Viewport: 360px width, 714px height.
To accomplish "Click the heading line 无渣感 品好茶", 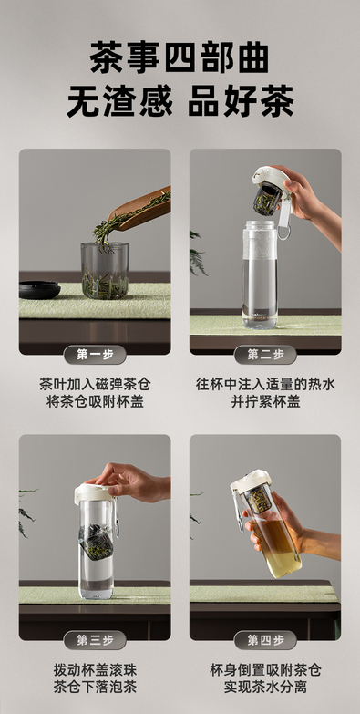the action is [x=180, y=100].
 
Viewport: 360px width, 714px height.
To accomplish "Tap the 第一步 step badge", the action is [x=95, y=355].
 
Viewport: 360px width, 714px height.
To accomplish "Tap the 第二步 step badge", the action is [x=265, y=355].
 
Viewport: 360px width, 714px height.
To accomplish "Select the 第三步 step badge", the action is [x=95, y=640].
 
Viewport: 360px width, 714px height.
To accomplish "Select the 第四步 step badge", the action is [x=265, y=640].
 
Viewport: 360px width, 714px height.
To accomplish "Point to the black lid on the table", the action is [x=39, y=290].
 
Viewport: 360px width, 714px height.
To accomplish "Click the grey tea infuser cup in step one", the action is [x=105, y=271].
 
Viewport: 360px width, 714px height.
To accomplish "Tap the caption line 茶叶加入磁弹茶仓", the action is [x=95, y=384].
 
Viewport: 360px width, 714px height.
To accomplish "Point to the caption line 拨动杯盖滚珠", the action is [x=95, y=670].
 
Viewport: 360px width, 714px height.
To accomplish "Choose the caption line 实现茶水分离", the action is [x=265, y=688].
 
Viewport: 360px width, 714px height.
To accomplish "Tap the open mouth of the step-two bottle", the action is [x=260, y=224].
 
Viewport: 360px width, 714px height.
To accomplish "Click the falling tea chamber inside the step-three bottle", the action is [x=97, y=542].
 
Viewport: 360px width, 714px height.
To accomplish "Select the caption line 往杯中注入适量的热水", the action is [x=265, y=384].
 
